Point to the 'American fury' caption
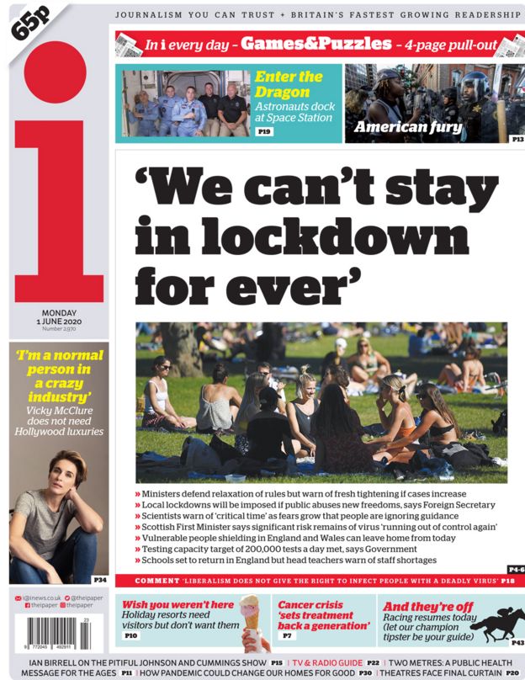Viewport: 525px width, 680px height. click(x=409, y=128)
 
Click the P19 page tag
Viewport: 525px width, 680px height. click(x=264, y=132)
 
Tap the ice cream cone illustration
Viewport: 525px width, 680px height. click(x=250, y=621)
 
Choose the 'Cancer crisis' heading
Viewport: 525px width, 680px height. click(x=311, y=604)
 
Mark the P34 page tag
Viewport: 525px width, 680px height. click(x=99, y=580)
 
